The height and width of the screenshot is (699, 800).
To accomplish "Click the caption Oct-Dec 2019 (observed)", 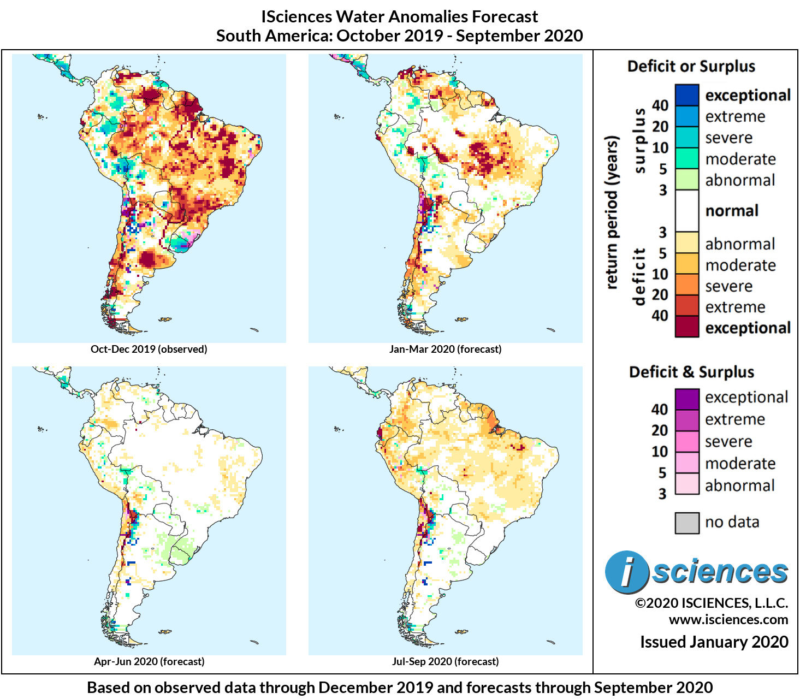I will [149, 349].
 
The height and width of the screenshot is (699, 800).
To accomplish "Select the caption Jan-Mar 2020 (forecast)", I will [445, 349].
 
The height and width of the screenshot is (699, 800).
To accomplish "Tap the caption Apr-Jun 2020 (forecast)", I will [149, 661].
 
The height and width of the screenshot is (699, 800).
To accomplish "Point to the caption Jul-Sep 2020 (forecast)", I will [445, 661].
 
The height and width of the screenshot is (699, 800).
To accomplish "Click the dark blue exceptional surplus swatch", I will [686, 95].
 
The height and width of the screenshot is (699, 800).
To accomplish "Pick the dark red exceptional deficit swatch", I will [686, 327].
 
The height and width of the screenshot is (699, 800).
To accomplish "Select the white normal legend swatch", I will [686, 211].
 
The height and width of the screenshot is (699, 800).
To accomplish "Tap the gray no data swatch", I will [686, 523].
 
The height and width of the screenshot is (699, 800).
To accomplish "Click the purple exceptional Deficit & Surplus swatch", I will [686, 398].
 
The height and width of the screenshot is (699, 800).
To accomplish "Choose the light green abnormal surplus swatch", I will [686, 180].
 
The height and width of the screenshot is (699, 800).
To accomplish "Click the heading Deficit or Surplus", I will [691, 67].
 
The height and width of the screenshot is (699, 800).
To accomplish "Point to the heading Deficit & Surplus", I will [691, 372].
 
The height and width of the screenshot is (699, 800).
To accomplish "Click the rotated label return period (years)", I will [612, 212].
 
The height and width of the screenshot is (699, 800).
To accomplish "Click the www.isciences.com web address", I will [728, 620].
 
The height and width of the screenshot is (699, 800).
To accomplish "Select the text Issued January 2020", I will [714, 642].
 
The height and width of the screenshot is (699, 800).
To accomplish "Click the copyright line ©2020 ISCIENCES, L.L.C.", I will [711, 603].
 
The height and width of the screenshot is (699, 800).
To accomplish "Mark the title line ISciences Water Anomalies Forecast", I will [399, 17].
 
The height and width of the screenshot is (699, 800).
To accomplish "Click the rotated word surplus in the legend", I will [638, 141].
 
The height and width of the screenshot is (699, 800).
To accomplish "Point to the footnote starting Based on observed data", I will [399, 688].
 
